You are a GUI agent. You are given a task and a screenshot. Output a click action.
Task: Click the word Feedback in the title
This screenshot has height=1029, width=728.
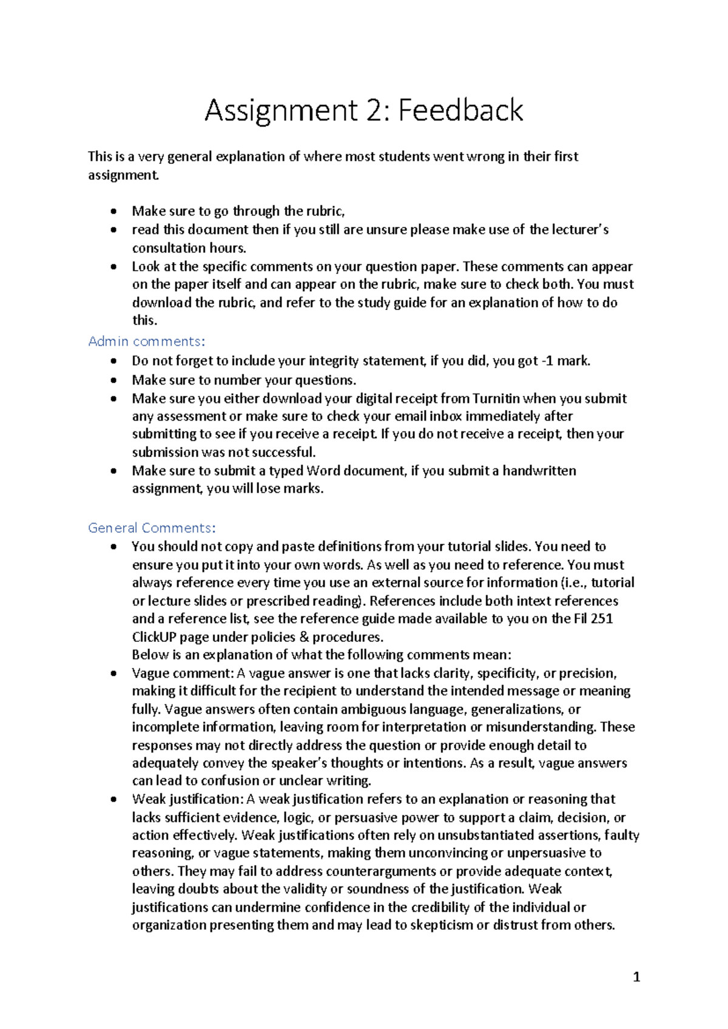click(x=460, y=111)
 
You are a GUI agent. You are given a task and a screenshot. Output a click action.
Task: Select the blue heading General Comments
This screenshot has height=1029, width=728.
click(x=152, y=528)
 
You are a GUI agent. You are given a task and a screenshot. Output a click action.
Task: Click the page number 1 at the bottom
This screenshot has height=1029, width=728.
click(x=636, y=977)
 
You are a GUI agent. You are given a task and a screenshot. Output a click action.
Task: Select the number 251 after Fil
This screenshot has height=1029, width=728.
click(x=601, y=619)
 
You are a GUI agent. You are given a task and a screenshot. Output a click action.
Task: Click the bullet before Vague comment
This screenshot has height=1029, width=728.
click(x=113, y=673)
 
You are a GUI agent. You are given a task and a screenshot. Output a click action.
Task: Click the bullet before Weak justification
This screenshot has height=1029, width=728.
click(x=113, y=800)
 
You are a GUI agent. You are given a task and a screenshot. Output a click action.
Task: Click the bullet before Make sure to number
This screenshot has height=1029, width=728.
click(x=113, y=380)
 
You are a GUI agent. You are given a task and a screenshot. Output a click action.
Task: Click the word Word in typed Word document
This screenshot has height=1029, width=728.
click(x=323, y=471)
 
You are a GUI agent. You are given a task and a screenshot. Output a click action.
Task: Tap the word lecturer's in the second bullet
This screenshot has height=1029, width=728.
click(x=580, y=230)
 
